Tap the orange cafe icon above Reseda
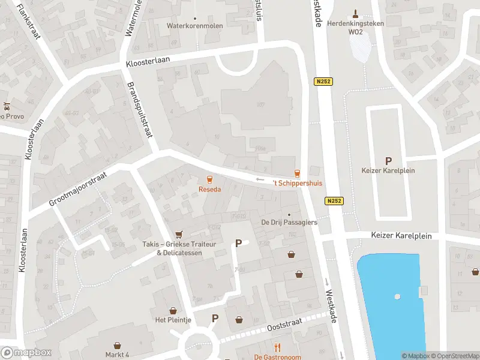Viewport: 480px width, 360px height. [209, 179]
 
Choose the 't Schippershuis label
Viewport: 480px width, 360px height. [297, 183]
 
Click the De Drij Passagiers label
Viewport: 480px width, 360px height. [289, 223]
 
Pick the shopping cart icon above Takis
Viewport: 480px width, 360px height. [178, 234]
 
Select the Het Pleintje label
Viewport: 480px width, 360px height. [173, 320]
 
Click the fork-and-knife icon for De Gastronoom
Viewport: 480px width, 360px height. [277, 347]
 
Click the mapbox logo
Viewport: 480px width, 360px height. [26, 353]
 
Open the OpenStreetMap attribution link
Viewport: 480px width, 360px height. [454, 356]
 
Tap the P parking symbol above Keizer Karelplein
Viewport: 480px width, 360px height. [388, 161]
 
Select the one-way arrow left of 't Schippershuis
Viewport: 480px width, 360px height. [260, 179]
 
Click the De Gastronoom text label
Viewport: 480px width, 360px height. [277, 357]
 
